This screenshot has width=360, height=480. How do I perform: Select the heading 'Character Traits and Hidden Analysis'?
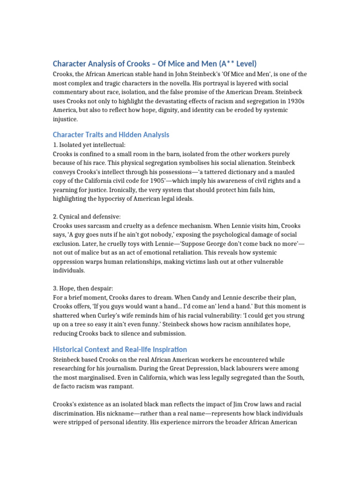tap(111, 135)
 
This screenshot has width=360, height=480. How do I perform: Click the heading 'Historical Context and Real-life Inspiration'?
tap(120, 350)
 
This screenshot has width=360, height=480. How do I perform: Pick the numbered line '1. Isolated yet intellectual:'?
tap(89, 145)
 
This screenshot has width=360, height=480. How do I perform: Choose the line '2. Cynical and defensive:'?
tap(87, 217)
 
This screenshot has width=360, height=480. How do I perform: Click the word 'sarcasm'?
tap(104, 225)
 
